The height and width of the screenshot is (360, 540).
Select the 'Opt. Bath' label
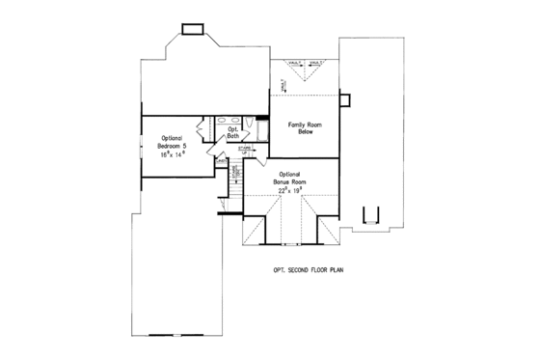232,133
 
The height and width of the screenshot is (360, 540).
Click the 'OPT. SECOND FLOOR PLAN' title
307,272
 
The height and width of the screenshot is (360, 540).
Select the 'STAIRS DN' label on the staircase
235,174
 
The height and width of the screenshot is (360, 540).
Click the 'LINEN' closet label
221,161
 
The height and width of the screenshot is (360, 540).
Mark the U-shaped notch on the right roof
366,217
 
